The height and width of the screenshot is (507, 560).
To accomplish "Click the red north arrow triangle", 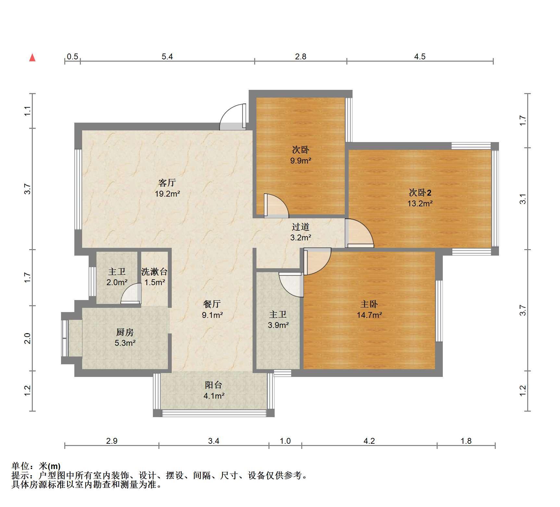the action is (x=32, y=58).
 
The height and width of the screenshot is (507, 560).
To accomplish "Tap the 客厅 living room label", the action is (x=167, y=183).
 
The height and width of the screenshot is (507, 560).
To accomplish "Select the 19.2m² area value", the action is (x=168, y=194).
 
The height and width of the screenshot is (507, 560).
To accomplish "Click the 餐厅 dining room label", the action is (x=212, y=304).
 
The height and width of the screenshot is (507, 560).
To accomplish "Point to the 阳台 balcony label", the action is (x=214, y=385).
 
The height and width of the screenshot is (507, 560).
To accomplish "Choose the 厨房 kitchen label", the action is (x=125, y=332).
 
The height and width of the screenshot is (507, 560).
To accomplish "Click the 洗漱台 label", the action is (x=155, y=272).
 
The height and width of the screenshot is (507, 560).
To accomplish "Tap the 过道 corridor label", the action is (x=301, y=227).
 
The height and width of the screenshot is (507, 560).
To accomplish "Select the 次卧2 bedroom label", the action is (x=420, y=193).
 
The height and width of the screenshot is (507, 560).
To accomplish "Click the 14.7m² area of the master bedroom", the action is (x=369, y=315).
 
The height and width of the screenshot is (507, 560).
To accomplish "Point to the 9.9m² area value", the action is (x=301, y=161).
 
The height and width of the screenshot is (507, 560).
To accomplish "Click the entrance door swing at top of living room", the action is (x=232, y=117).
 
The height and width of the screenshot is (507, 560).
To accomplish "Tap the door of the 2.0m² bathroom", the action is (x=131, y=294).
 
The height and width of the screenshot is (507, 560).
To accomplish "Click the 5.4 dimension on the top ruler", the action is (x=167, y=57).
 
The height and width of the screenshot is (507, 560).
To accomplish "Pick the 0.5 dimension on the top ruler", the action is (x=72, y=57).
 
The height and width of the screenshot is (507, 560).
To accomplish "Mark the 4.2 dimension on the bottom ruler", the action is (x=369, y=441).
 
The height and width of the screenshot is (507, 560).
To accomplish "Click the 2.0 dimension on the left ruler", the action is (x=28, y=338).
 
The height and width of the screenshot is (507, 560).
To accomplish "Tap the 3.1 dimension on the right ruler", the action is (x=523, y=199).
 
